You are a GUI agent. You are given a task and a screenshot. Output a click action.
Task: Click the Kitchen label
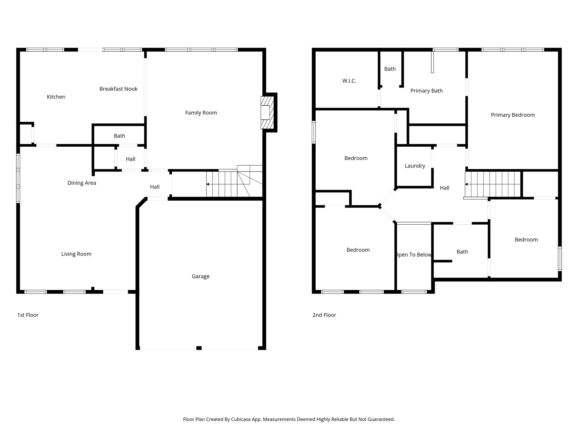(x=56, y=97)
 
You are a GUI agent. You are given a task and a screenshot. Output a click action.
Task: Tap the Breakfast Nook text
(x=118, y=89)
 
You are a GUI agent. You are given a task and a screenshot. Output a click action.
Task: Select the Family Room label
(x=201, y=113)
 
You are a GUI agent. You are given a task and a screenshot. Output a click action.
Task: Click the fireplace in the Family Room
(x=267, y=112)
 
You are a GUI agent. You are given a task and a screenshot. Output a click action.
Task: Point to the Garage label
(x=200, y=276)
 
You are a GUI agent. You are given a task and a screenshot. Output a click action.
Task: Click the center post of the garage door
(x=199, y=348)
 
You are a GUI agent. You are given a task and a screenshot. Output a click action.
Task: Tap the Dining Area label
(x=82, y=183)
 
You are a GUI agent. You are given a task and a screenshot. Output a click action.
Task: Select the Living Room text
(x=76, y=254)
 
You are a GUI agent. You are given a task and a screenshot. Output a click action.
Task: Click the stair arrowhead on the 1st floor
(x=208, y=184)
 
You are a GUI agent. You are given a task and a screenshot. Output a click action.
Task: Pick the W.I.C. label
(x=349, y=81)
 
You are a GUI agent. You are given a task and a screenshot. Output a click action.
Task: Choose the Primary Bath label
(x=426, y=91)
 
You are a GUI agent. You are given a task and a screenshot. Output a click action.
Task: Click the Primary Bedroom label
(x=513, y=115)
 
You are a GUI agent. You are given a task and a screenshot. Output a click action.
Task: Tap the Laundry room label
(x=415, y=166)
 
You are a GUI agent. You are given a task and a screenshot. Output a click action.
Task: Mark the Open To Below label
(x=413, y=255)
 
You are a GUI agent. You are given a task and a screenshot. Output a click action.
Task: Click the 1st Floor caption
(x=28, y=315)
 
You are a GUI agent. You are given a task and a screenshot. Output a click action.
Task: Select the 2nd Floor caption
(x=324, y=315)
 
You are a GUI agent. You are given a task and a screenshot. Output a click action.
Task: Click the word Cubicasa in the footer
(x=242, y=419)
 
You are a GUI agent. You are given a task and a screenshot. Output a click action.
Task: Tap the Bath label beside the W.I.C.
(x=390, y=69)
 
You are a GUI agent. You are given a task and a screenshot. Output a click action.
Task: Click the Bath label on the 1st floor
(x=119, y=136)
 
